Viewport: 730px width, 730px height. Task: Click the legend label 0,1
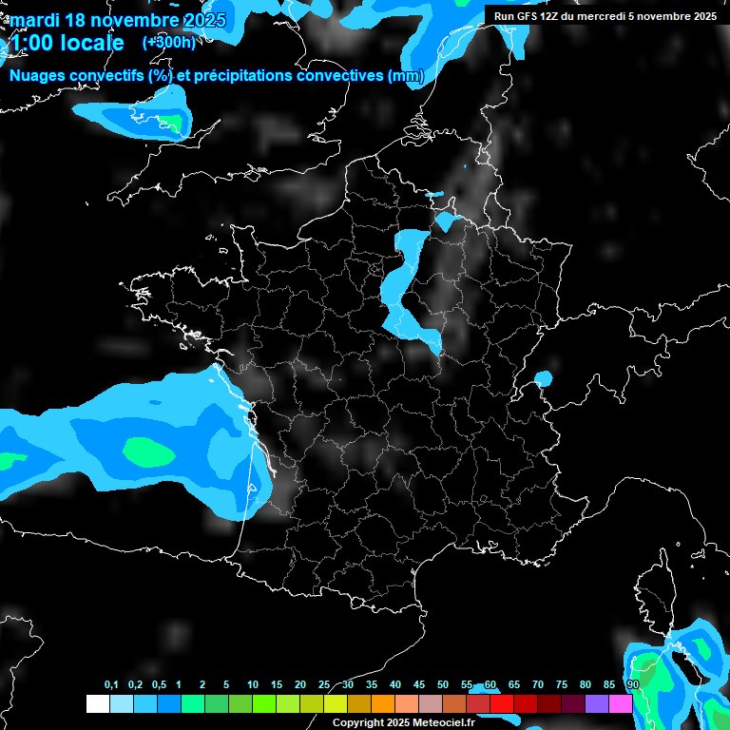tap(111, 684)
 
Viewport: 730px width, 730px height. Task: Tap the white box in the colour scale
tap(97, 703)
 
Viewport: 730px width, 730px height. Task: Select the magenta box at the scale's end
tap(621, 703)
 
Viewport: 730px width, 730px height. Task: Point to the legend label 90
tap(632, 684)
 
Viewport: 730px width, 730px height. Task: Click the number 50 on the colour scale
tap(443, 684)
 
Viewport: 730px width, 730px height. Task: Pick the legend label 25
tap(324, 684)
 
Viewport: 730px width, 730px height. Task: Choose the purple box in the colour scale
tap(597, 703)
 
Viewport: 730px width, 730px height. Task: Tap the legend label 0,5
tap(159, 684)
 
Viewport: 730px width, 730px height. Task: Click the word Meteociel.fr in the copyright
tap(442, 723)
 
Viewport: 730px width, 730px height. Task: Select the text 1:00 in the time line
tap(31, 43)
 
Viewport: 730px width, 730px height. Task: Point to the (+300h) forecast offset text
tap(168, 43)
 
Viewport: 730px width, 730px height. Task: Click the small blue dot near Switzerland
tap(543, 378)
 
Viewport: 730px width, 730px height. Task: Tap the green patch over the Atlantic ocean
tap(144, 449)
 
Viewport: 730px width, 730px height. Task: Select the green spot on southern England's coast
tap(171, 122)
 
